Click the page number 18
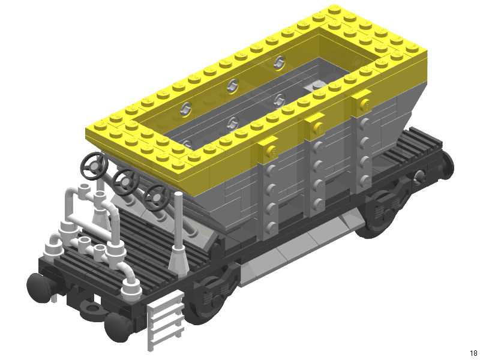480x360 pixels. pyautogui.click(x=473, y=353)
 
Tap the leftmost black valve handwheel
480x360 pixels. pyautogui.click(x=94, y=166)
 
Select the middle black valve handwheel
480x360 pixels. pyautogui.click(x=125, y=182)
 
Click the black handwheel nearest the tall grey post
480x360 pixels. pyautogui.click(x=157, y=197)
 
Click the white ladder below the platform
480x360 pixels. pyautogui.click(x=166, y=320)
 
